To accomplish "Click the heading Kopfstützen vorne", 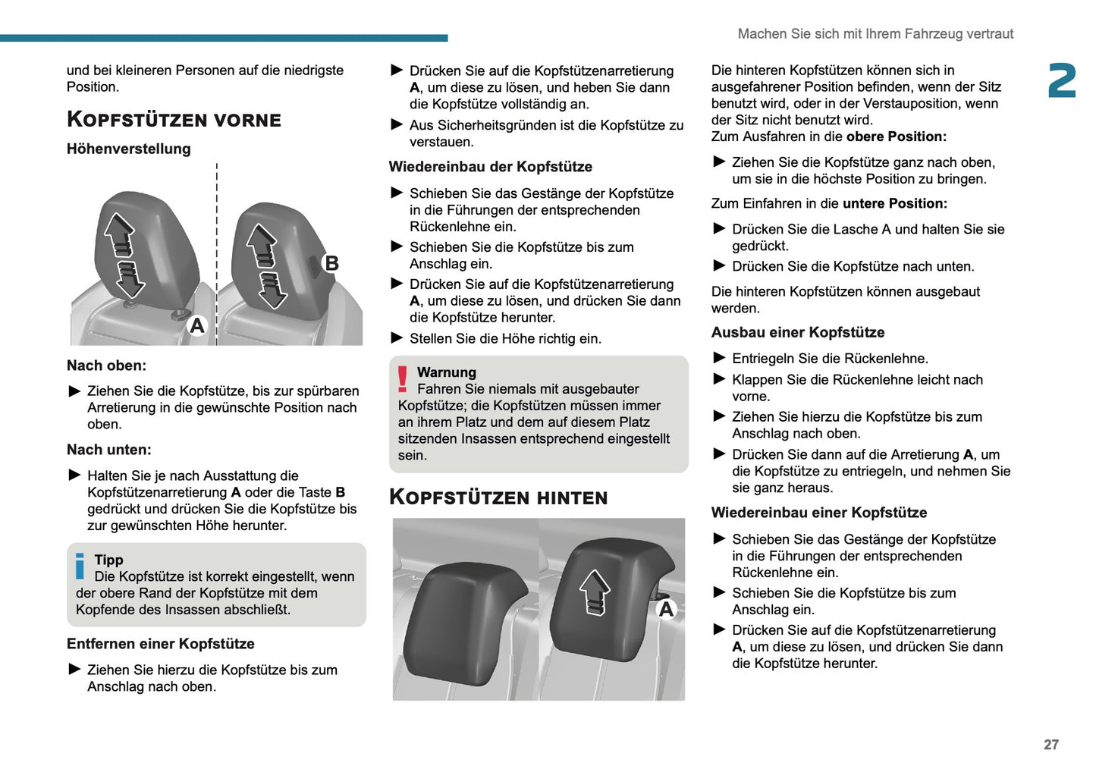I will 174,120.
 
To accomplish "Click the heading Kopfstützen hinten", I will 498,497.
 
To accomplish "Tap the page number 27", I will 1050,745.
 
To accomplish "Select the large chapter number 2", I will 1061,81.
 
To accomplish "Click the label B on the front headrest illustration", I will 331,263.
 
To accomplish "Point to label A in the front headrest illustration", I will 197,325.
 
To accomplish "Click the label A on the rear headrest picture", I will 666,609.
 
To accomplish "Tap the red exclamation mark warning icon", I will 403,378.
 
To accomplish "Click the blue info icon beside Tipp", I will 80,566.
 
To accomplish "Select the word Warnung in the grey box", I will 447,372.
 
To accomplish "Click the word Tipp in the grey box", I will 108,560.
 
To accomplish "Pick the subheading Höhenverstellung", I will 128,149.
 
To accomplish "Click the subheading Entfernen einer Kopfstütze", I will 160,644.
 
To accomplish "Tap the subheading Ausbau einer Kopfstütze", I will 797,332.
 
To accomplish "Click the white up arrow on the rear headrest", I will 595,591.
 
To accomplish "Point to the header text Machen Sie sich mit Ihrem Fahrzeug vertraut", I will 875,34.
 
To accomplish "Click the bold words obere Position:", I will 896,137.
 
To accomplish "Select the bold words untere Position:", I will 894,203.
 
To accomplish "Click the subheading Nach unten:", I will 109,450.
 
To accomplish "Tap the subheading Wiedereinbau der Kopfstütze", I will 490,167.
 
